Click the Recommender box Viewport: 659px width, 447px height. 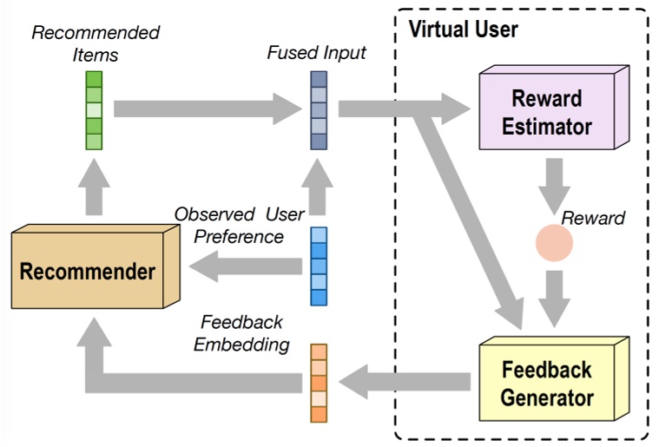(x=87, y=271)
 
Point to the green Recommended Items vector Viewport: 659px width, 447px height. (x=94, y=110)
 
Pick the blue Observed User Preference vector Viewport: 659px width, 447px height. (x=320, y=265)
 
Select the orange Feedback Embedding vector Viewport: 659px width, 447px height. (x=320, y=382)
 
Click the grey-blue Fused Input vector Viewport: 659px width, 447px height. (x=320, y=110)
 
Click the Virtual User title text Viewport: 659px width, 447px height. (x=464, y=30)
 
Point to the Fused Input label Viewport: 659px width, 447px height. (x=316, y=53)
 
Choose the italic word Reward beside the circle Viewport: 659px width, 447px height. (x=594, y=217)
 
